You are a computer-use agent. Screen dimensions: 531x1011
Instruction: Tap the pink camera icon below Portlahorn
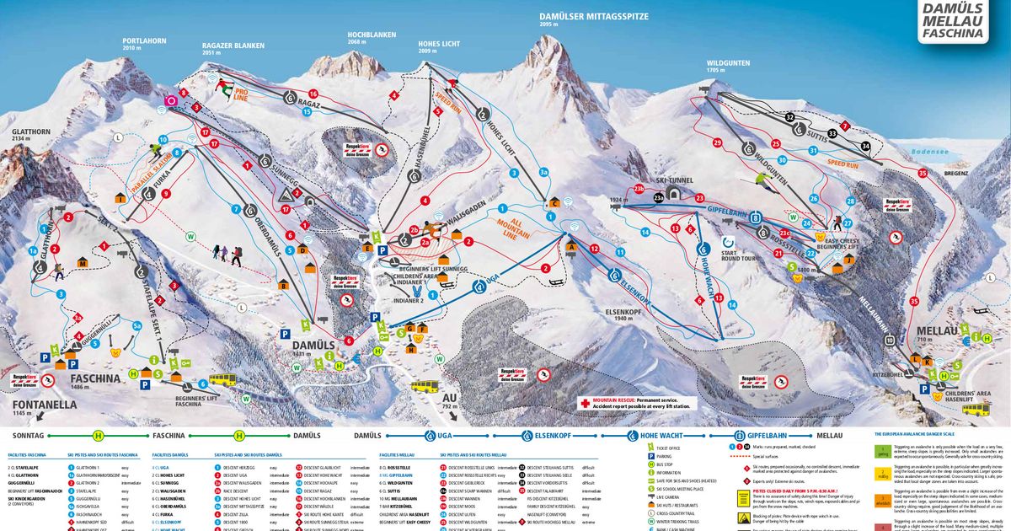[171, 100]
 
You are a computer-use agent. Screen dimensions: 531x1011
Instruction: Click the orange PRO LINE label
[242, 92]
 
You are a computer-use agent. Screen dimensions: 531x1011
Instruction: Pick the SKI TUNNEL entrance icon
[675, 195]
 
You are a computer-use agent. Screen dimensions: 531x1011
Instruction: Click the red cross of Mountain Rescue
[584, 402]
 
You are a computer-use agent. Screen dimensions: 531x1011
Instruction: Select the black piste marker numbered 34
[865, 146]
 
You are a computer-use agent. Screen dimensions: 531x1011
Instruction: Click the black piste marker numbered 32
[789, 117]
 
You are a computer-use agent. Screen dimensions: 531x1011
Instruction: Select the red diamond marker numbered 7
[844, 126]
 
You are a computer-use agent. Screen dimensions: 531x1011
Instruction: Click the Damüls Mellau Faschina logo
[952, 20]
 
